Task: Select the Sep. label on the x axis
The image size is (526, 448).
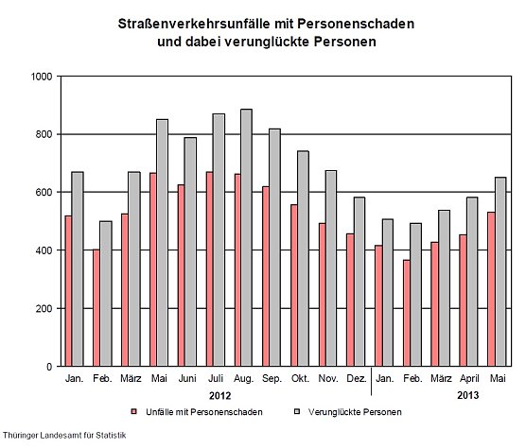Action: point(272,379)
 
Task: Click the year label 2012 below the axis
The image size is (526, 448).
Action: point(219,396)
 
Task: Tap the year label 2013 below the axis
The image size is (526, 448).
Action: point(467,396)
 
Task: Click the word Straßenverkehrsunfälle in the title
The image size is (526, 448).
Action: point(192,22)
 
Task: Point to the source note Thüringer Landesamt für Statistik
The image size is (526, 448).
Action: point(63,436)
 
